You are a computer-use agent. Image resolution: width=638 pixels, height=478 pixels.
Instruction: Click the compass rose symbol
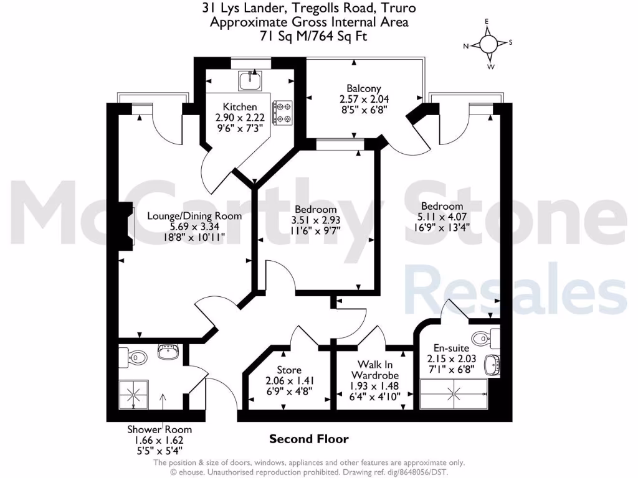(x=488, y=44)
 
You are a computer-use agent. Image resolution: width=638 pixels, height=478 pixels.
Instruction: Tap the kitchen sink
(x=252, y=80)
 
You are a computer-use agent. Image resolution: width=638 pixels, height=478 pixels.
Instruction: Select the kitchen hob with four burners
(x=283, y=113)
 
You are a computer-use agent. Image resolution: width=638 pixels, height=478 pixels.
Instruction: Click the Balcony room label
(x=359, y=88)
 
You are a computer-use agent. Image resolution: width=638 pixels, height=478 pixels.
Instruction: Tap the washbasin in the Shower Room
(x=168, y=354)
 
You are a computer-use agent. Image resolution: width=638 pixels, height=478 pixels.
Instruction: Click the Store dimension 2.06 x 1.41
(x=288, y=381)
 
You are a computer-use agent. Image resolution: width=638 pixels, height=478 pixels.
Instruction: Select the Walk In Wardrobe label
(x=374, y=369)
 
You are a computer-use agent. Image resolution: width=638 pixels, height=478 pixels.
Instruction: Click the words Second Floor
(x=308, y=439)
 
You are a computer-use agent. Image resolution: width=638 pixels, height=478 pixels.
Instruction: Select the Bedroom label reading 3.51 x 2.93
(x=315, y=220)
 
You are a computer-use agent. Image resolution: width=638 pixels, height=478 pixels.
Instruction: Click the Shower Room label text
(x=159, y=429)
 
